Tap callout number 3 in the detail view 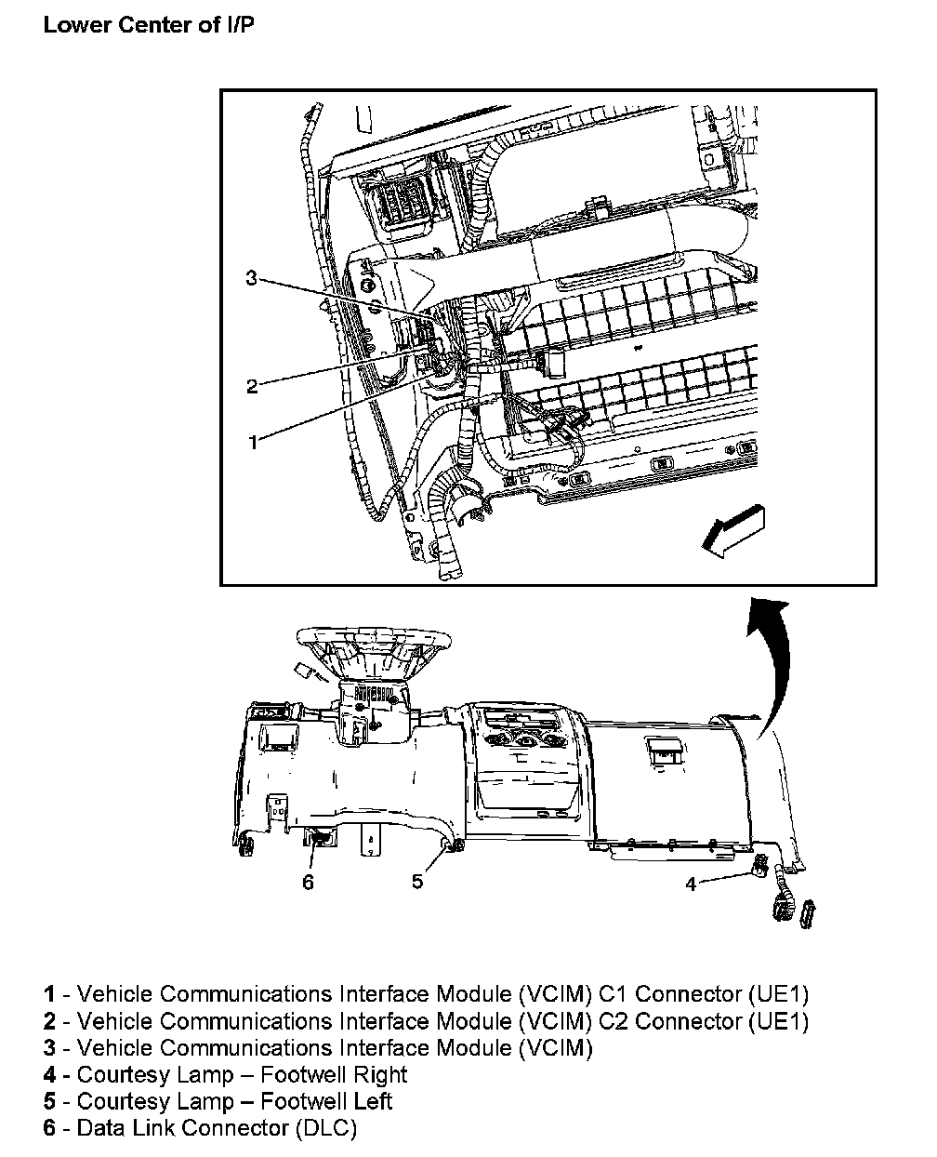click(251, 278)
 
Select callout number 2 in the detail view click(251, 386)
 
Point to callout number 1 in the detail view click(251, 442)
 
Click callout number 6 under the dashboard click(309, 882)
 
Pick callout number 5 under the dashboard click(417, 880)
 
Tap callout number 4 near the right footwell click(691, 884)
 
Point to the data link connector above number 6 click(318, 838)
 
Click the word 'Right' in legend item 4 click(379, 1075)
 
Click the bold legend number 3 click(50, 1048)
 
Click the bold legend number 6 click(50, 1128)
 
